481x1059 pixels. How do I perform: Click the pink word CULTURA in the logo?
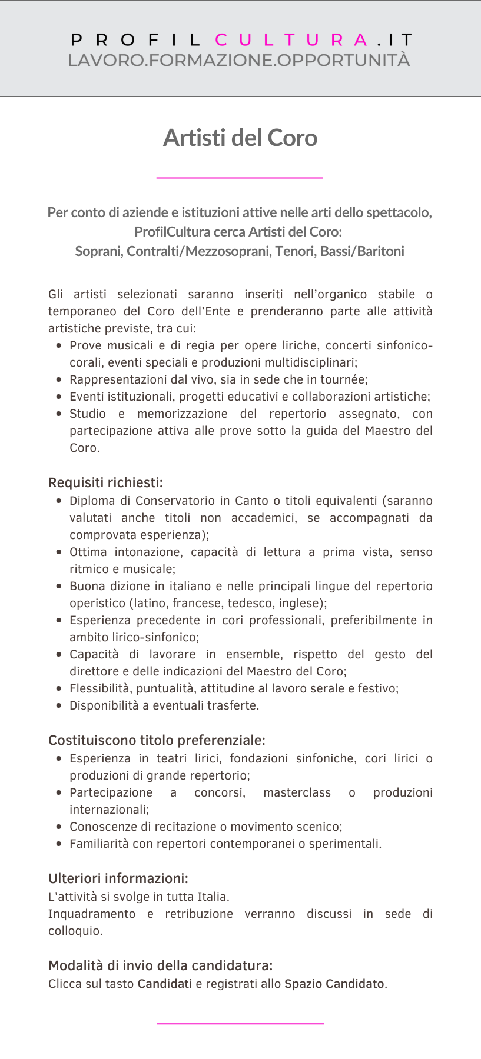[292, 40]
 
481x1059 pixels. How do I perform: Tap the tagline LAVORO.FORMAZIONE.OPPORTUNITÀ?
[239, 60]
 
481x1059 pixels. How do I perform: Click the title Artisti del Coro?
[240, 138]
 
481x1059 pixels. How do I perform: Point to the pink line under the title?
[240, 177]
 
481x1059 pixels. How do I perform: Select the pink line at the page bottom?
[240, 1024]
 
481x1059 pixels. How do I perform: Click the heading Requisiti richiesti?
[105, 482]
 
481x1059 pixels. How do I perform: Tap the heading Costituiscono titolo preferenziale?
[157, 740]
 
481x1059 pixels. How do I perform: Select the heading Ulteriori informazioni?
[118, 878]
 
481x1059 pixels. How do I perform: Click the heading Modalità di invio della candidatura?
[160, 965]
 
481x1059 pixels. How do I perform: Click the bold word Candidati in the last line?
[165, 984]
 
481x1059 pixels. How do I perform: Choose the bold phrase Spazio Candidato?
[334, 984]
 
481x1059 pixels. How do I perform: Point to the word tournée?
[343, 379]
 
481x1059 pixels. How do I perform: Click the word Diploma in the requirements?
[91, 501]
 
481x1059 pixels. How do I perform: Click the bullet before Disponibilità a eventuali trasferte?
[59, 705]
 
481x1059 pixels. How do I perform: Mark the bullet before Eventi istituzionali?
[59, 397]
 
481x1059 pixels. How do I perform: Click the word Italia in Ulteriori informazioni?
[212, 897]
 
